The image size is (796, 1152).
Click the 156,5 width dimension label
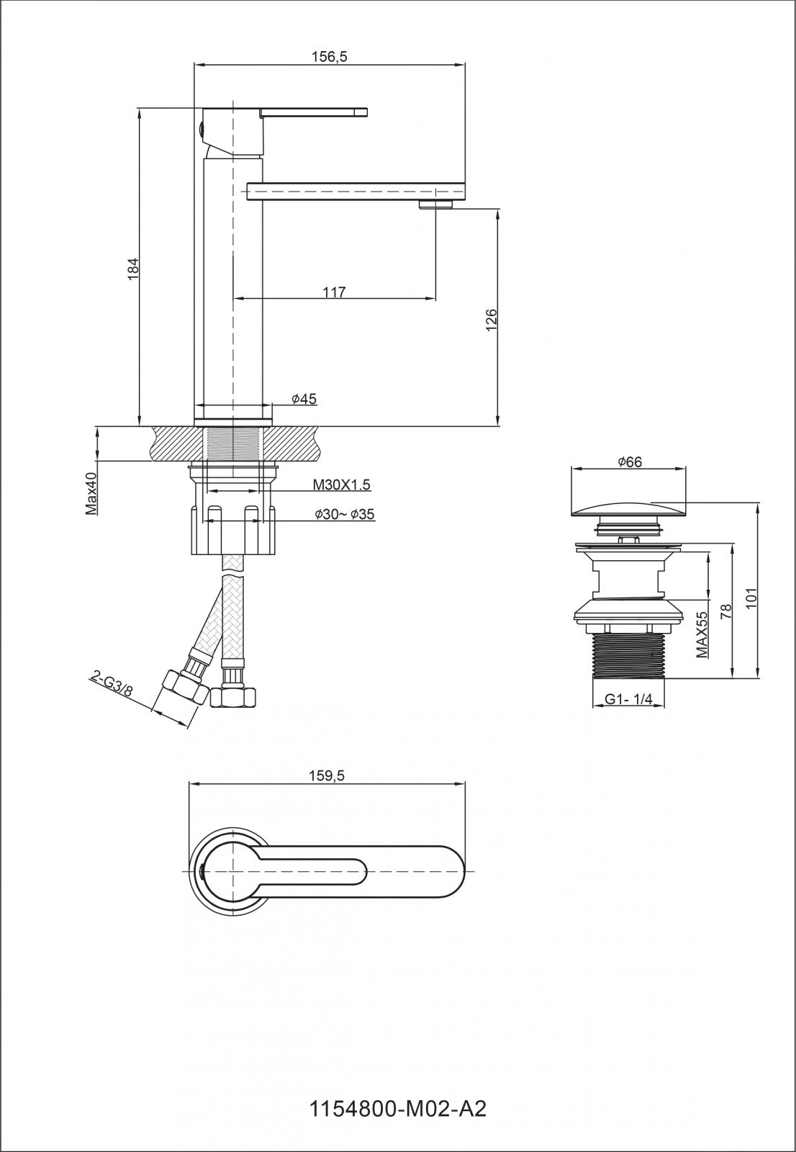pos(330,57)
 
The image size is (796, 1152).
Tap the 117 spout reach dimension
pos(334,292)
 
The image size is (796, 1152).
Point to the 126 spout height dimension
pos(492,320)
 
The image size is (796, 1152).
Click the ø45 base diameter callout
pos(304,399)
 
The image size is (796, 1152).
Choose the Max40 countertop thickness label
pos(91,495)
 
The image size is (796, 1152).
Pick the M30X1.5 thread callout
pos(341,485)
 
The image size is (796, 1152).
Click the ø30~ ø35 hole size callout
pos(345,514)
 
